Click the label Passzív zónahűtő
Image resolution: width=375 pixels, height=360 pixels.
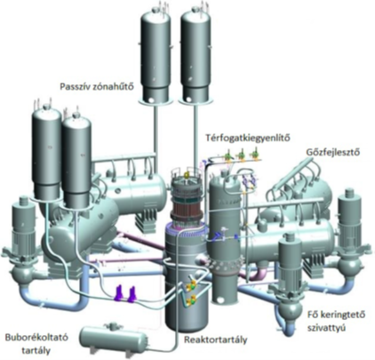(97, 87)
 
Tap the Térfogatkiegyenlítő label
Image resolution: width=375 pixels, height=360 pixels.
(248, 138)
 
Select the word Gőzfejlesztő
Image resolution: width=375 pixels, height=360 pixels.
(333, 152)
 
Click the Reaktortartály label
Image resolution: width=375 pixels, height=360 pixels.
(215, 340)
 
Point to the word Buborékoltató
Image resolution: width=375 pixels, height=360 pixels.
(36, 337)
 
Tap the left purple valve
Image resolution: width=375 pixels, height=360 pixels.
(120, 292)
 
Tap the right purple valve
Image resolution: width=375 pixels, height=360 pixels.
(132, 293)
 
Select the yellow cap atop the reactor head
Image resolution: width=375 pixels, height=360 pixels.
(187, 175)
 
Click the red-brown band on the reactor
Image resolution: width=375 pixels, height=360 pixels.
(185, 209)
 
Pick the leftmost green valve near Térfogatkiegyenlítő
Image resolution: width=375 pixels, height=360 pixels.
(227, 156)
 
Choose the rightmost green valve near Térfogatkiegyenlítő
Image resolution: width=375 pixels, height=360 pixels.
(254, 156)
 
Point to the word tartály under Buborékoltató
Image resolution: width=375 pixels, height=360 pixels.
(36, 351)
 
